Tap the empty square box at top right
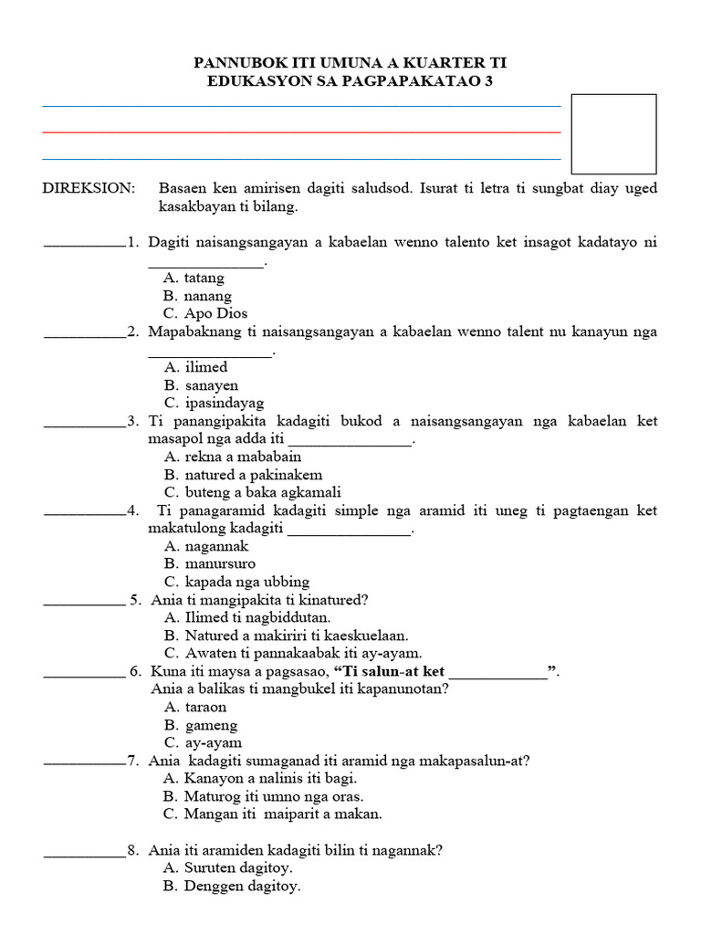tap(612, 133)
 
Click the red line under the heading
tap(301, 132)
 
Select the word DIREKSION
tap(89, 188)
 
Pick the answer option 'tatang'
tap(204, 278)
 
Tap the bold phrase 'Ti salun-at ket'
tap(394, 672)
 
